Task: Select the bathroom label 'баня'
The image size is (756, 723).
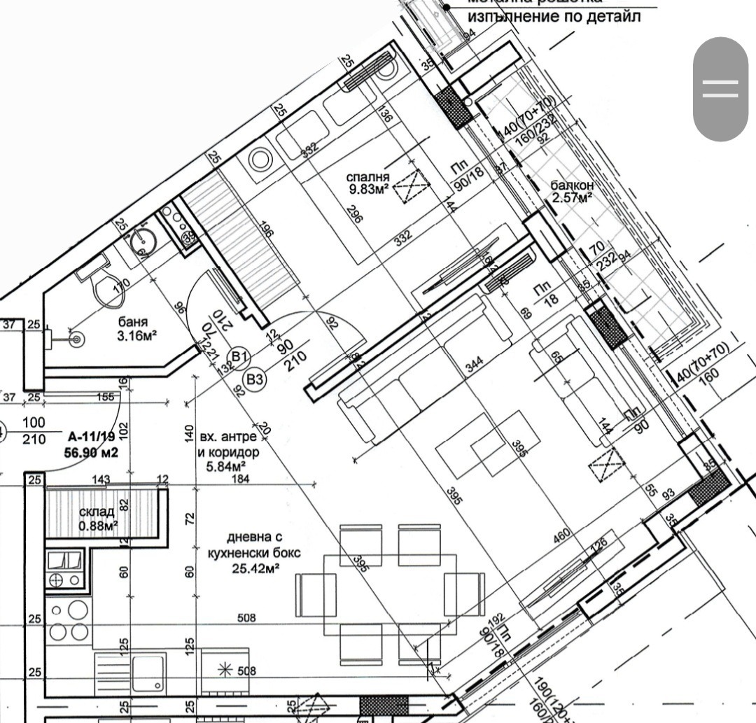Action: pyautogui.click(x=132, y=323)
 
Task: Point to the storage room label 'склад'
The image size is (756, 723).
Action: pyautogui.click(x=96, y=512)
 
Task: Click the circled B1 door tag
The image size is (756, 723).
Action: pyautogui.click(x=240, y=358)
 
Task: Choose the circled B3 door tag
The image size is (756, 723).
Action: pyautogui.click(x=255, y=379)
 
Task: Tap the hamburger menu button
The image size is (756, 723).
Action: pyautogui.click(x=720, y=89)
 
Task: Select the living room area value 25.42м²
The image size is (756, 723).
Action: pyautogui.click(x=255, y=568)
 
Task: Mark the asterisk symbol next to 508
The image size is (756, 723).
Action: pyautogui.click(x=225, y=670)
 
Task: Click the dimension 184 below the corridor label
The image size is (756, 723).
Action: pyautogui.click(x=241, y=479)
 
